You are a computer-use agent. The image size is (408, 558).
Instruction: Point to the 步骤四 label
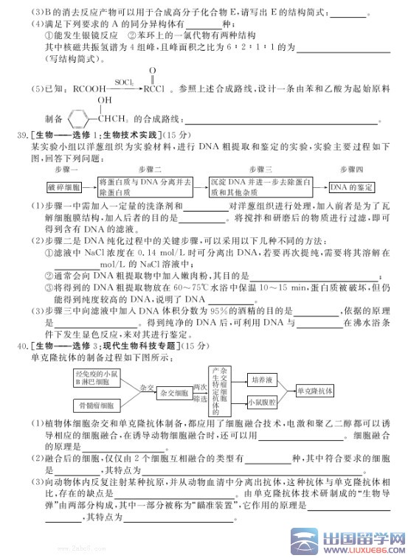coord(350,170)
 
